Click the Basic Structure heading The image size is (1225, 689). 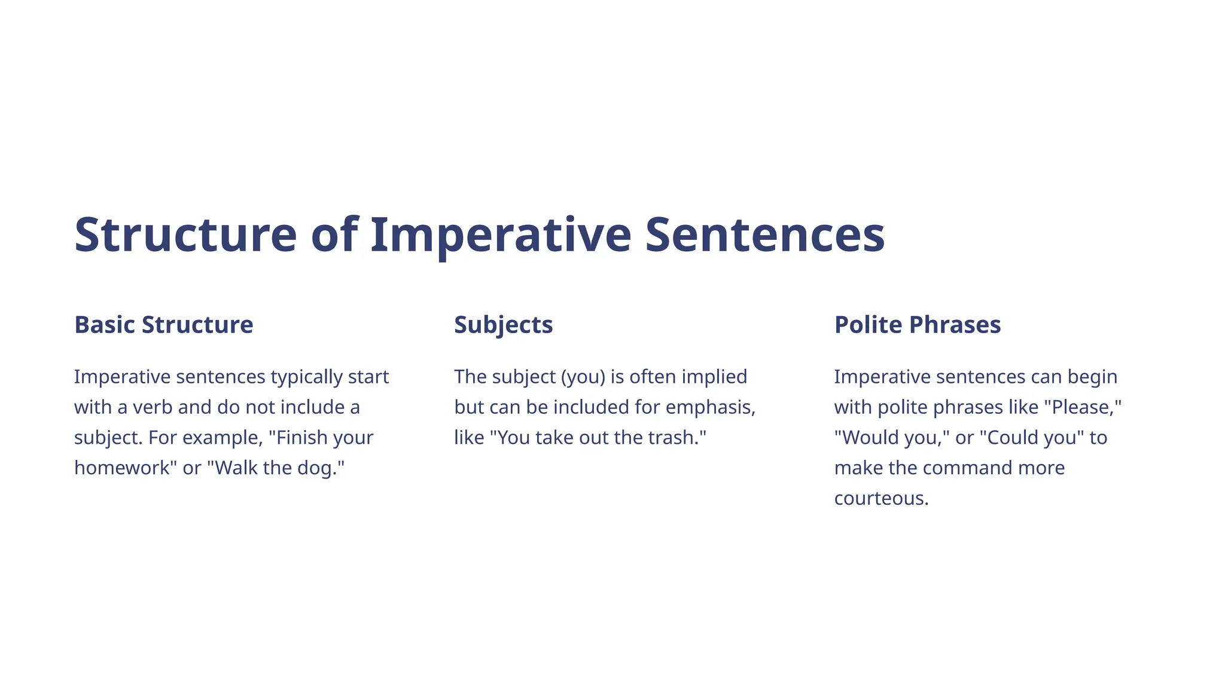(163, 325)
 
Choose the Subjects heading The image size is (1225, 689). (503, 325)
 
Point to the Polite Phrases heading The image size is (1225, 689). (917, 325)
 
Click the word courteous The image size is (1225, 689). (880, 498)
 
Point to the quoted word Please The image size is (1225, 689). (1082, 407)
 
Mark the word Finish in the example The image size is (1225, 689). (302, 438)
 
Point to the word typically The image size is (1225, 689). (307, 377)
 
